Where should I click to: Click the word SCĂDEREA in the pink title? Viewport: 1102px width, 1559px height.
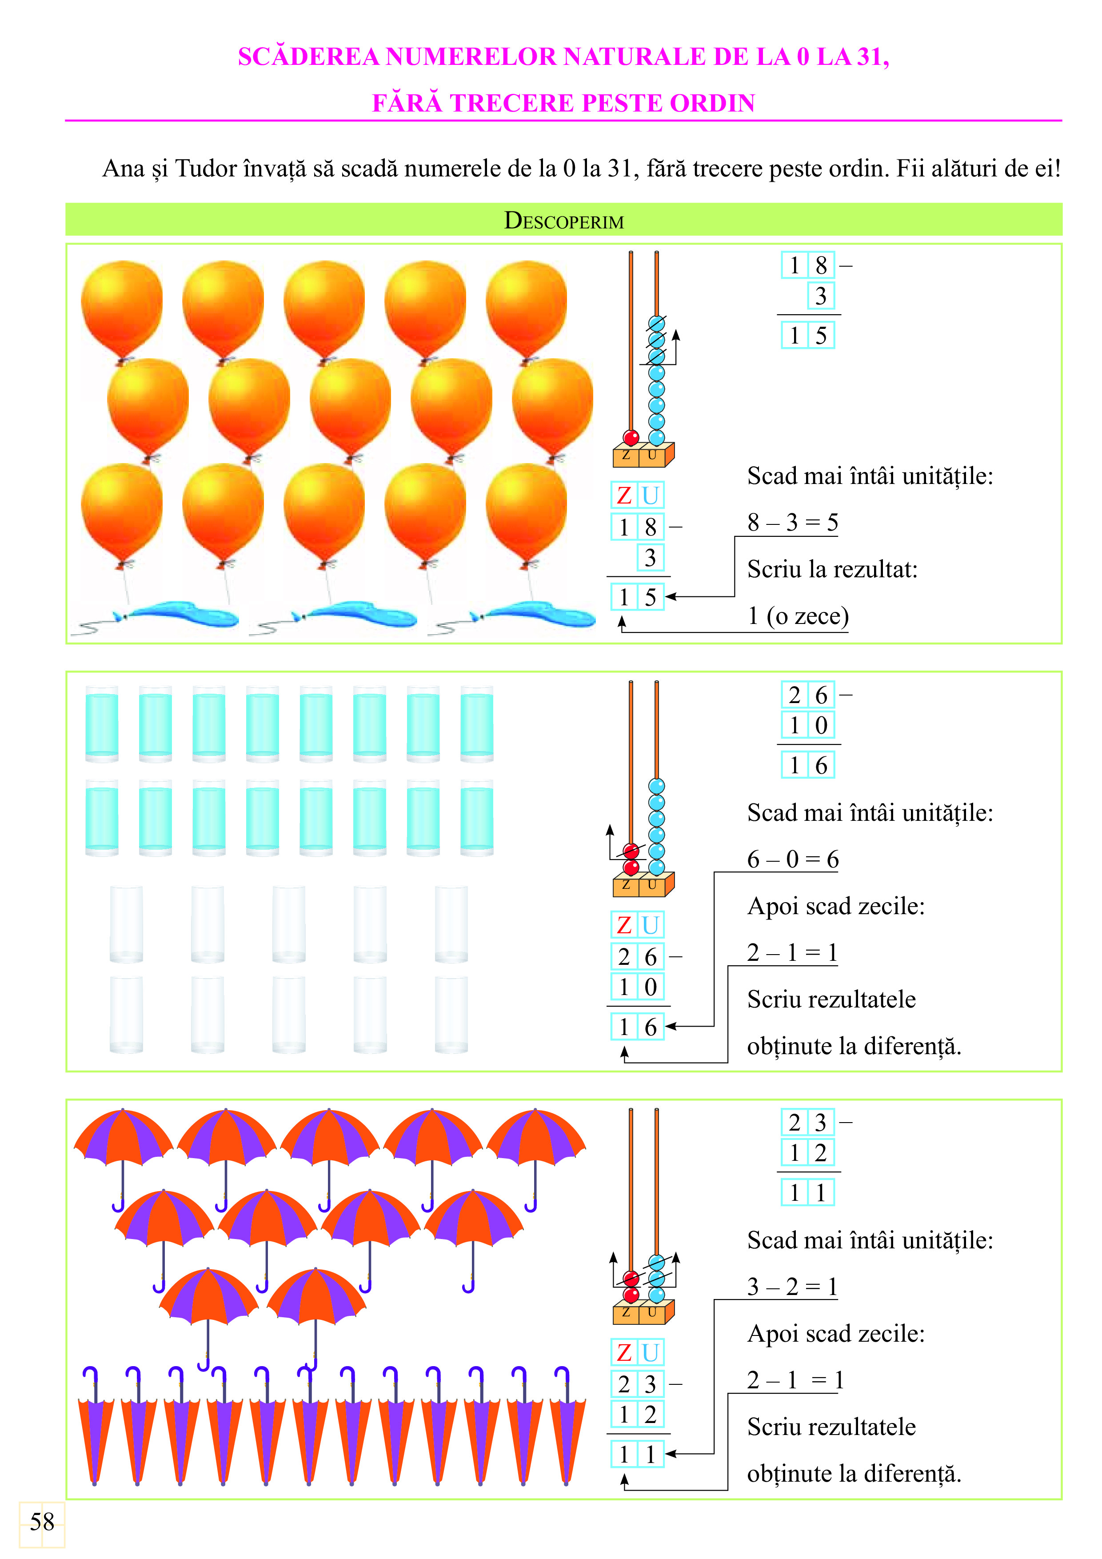(308, 56)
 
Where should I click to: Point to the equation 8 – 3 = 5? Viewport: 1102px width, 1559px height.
(792, 522)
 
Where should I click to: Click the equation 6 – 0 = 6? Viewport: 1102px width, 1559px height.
(792, 859)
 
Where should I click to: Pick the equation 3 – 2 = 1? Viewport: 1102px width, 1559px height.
(792, 1286)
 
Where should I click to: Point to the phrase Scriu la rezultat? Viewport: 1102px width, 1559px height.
(832, 569)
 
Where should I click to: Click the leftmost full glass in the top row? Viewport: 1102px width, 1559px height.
(102, 724)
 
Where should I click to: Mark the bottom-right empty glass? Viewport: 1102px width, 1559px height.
(451, 1015)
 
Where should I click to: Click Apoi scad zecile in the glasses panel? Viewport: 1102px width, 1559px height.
(836, 906)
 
